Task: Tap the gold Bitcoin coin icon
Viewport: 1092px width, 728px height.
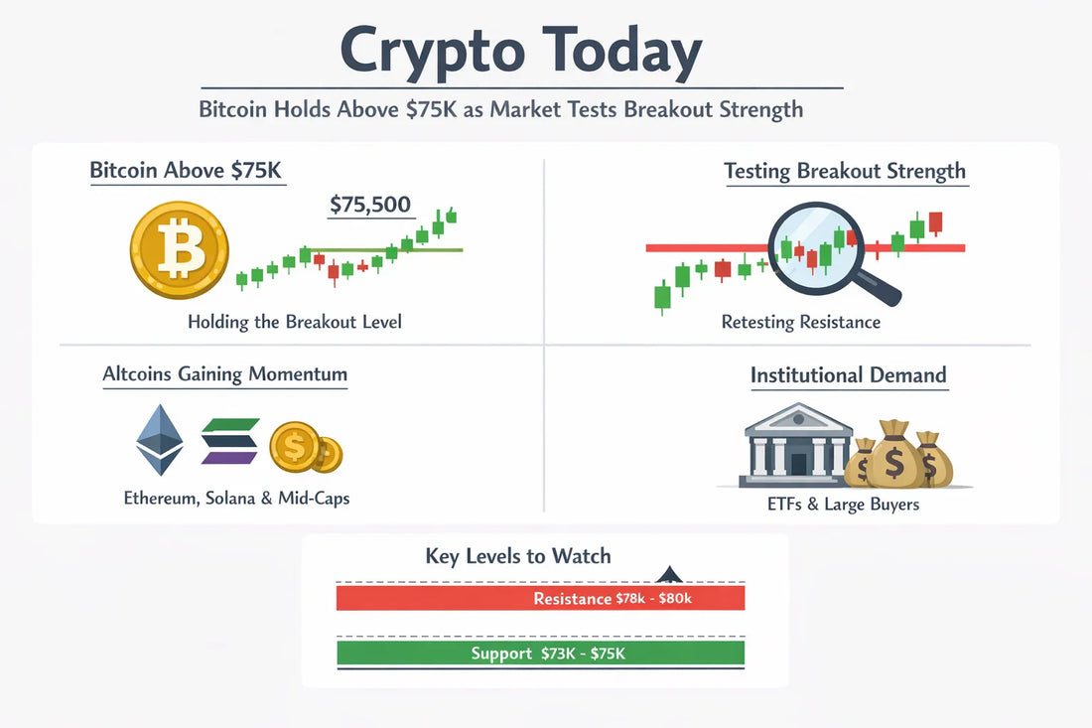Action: [x=180, y=250]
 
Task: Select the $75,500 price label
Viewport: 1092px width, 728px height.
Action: [x=369, y=205]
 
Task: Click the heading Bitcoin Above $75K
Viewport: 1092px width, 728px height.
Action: [x=187, y=170]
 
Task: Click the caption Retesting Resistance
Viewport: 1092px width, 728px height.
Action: [x=801, y=322]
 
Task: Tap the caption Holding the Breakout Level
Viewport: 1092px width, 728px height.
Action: [x=295, y=322]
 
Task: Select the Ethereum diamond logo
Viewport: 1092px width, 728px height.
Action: [x=160, y=440]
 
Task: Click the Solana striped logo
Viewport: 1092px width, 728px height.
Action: [x=229, y=440]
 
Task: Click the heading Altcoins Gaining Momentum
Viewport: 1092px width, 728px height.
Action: [x=225, y=374]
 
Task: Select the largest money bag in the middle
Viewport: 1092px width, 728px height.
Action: [x=892, y=456]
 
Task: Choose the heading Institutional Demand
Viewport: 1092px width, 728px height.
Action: [x=848, y=375]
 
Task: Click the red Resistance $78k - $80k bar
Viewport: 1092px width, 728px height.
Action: [x=540, y=598]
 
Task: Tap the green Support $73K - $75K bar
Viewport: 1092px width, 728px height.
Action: [x=540, y=653]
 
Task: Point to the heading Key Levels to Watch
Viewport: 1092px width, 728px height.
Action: [x=518, y=555]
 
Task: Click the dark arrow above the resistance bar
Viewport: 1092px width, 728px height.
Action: [x=669, y=574]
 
